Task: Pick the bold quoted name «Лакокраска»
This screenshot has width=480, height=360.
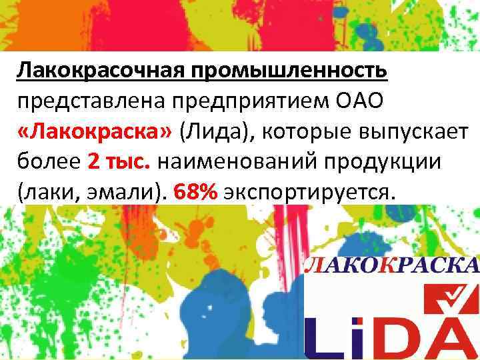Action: [x=95, y=131]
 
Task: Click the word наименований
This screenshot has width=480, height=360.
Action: [x=230, y=162]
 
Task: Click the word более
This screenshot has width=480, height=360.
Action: [x=47, y=162]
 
